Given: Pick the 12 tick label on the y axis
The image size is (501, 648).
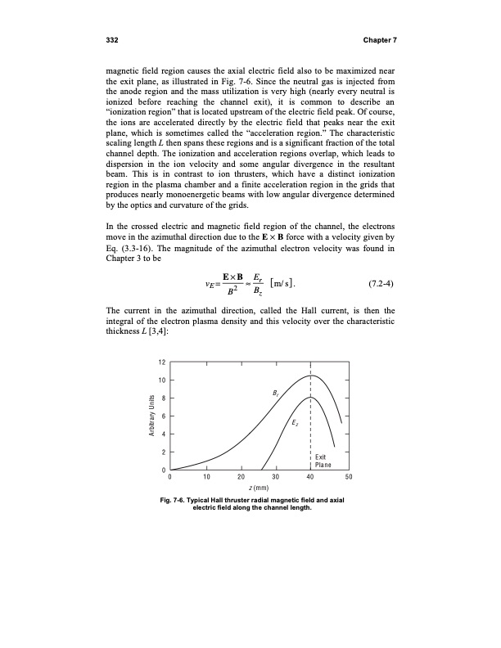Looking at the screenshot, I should pyautogui.click(x=162, y=362).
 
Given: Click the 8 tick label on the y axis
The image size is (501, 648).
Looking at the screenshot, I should pyautogui.click(x=164, y=398).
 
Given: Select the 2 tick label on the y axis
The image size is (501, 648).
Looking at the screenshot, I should pyautogui.click(x=164, y=452).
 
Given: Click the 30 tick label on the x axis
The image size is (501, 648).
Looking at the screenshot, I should pyautogui.click(x=276, y=478).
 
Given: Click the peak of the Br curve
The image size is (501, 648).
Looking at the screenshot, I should pyautogui.click(x=311, y=376).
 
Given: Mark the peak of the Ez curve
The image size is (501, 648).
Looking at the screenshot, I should pyautogui.click(x=311, y=397).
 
